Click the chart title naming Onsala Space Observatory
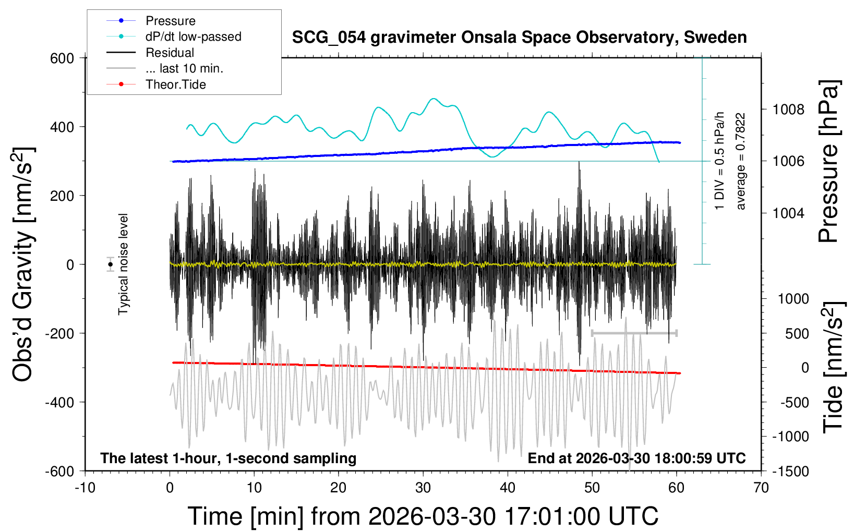[x=519, y=38]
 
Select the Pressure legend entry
[x=170, y=21]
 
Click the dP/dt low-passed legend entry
[x=193, y=37]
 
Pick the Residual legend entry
[x=170, y=53]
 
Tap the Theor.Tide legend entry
[x=175, y=84]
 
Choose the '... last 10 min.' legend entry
[x=184, y=68]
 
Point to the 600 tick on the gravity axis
[x=62, y=58]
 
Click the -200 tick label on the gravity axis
[x=59, y=333]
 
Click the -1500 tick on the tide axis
[x=790, y=471]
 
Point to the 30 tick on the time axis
[x=423, y=488]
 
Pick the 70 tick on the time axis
[x=761, y=488]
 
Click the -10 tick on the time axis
[x=85, y=488]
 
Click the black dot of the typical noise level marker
[x=111, y=264]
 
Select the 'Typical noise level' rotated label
[x=123, y=264]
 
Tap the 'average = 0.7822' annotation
[x=740, y=161]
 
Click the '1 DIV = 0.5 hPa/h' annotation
[x=720, y=161]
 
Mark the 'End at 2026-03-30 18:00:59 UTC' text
[x=636, y=458]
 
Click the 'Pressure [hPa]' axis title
[x=829, y=161]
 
